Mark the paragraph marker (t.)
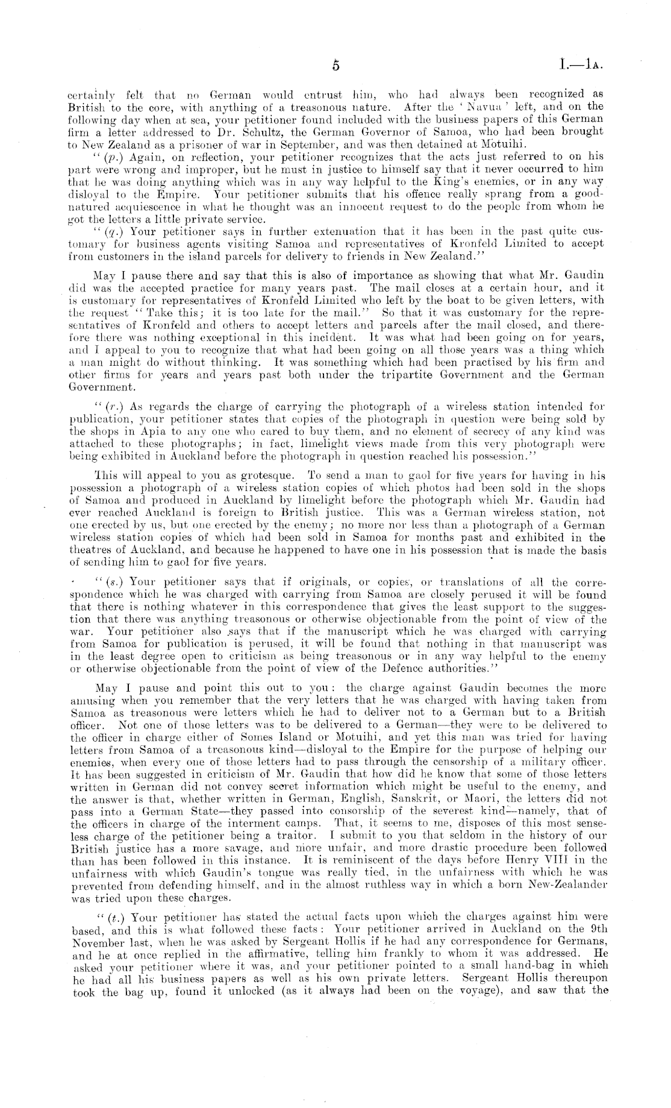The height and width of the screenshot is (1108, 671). [x=111, y=919]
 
